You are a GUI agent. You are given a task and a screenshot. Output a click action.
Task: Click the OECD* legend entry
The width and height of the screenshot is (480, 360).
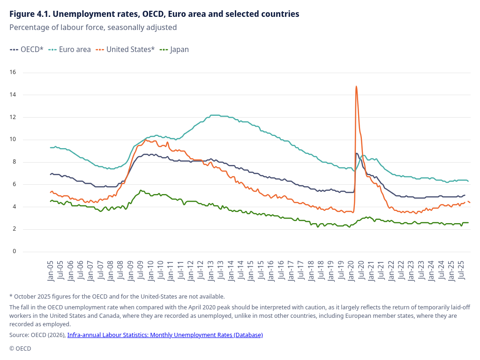click(27, 49)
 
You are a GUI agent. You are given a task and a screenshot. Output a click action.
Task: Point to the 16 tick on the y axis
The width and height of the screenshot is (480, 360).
click(13, 72)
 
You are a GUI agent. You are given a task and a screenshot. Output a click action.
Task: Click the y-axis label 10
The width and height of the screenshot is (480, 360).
click(13, 140)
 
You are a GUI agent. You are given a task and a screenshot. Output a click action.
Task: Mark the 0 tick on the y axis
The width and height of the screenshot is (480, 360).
click(15, 251)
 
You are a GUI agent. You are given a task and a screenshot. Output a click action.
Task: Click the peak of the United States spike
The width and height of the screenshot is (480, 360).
click(356, 86)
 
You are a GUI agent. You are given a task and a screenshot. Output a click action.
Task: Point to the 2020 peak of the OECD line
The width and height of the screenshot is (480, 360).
click(357, 153)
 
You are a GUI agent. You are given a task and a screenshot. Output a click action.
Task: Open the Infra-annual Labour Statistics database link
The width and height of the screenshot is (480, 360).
click(165, 335)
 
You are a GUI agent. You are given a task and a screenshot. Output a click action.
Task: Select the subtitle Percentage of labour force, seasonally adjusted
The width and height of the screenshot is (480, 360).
click(93, 27)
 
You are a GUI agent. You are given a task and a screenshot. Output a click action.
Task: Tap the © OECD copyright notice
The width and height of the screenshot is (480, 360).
click(20, 348)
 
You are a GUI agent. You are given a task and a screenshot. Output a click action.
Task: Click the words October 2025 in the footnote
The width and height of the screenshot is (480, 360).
click(34, 296)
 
